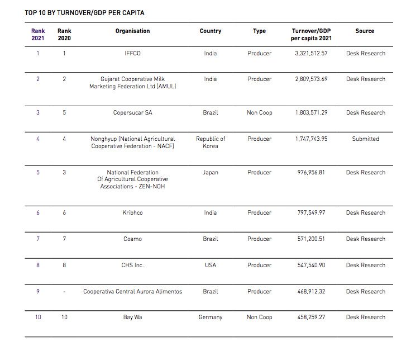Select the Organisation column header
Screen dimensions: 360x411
tap(132, 31)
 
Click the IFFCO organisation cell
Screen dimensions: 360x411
tap(132, 54)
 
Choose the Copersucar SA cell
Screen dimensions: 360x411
tap(132, 113)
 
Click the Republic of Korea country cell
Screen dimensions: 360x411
tap(211, 143)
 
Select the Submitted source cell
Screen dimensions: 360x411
tap(365, 139)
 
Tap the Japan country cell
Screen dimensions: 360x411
tap(211, 173)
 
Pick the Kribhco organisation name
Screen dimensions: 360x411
tap(132, 213)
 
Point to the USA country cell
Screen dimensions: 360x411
tap(211, 266)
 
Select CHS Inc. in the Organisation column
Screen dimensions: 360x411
tap(132, 266)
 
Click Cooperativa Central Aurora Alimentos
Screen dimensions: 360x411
tap(132, 292)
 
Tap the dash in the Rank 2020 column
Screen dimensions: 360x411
tap(64, 292)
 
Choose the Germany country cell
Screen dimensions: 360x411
tap(211, 318)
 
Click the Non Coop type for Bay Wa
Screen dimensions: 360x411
tap(259, 318)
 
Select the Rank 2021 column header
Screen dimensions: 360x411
tap(38, 35)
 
